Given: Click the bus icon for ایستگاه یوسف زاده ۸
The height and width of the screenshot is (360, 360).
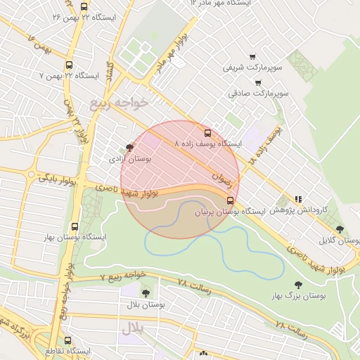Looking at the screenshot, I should [207, 132].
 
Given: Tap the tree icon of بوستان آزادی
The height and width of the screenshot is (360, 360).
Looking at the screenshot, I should [129, 148].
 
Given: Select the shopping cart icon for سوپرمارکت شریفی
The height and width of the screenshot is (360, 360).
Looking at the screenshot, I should [252, 57].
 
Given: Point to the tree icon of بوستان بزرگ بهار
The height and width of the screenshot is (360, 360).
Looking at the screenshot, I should [298, 285].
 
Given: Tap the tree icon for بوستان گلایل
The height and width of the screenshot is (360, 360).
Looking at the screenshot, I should [340, 229].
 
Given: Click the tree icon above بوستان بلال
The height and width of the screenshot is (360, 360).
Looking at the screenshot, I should [146, 293].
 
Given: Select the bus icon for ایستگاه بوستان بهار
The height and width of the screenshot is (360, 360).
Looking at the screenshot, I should [75, 226].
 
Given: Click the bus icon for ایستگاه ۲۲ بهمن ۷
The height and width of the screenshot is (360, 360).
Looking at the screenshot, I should [68, 65].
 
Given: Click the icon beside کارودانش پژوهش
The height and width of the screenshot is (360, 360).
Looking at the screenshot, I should [298, 199].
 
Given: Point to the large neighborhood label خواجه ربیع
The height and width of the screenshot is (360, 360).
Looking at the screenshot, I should [120, 103].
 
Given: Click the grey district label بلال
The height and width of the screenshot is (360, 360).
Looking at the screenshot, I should [132, 328].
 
